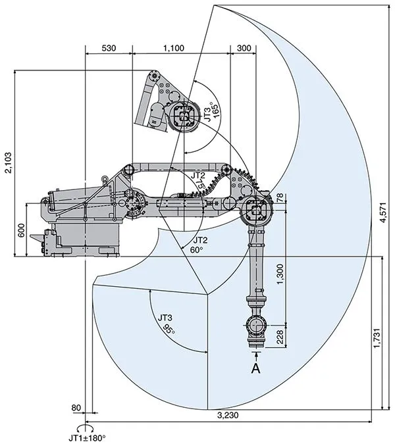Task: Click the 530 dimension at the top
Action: click(109, 48)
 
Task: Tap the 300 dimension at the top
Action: click(243, 48)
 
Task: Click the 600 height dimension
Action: click(21, 231)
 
